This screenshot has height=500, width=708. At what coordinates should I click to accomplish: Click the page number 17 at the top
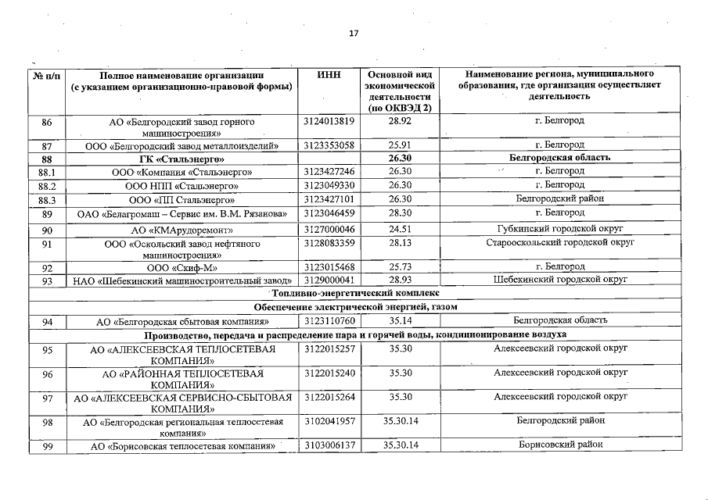(354, 34)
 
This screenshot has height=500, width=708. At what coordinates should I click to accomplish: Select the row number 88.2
(46, 185)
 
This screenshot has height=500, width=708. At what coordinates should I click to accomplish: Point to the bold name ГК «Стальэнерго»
(181, 159)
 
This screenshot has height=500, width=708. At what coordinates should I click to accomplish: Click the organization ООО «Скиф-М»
(181, 267)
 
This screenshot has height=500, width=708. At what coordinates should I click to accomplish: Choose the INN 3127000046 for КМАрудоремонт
(329, 230)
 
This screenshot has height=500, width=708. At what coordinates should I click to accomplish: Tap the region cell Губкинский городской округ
(559, 230)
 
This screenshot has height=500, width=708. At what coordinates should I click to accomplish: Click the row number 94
(46, 321)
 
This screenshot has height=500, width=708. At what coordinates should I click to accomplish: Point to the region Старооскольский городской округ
(559, 243)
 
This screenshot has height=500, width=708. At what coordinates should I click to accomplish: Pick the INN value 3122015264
(329, 397)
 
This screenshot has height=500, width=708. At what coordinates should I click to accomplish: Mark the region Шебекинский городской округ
(559, 280)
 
